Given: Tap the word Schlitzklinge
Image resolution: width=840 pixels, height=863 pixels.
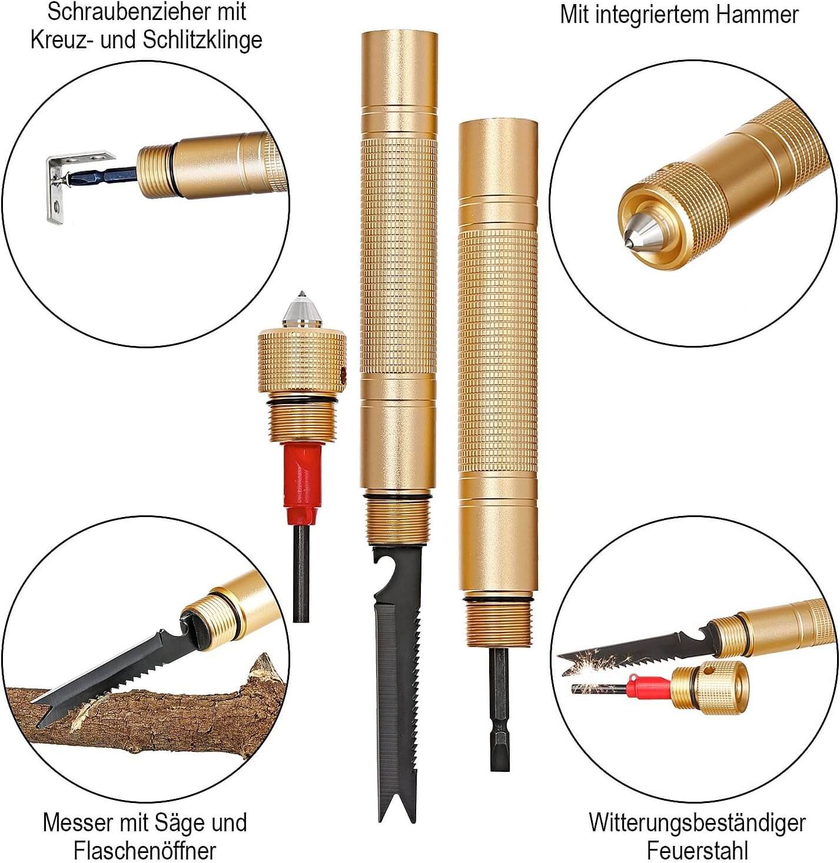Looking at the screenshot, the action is pos(202,40).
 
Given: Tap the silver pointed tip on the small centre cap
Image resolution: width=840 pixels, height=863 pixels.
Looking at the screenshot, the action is pos(302,309).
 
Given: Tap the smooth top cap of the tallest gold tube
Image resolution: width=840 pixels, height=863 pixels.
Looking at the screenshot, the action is pos(399,71).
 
